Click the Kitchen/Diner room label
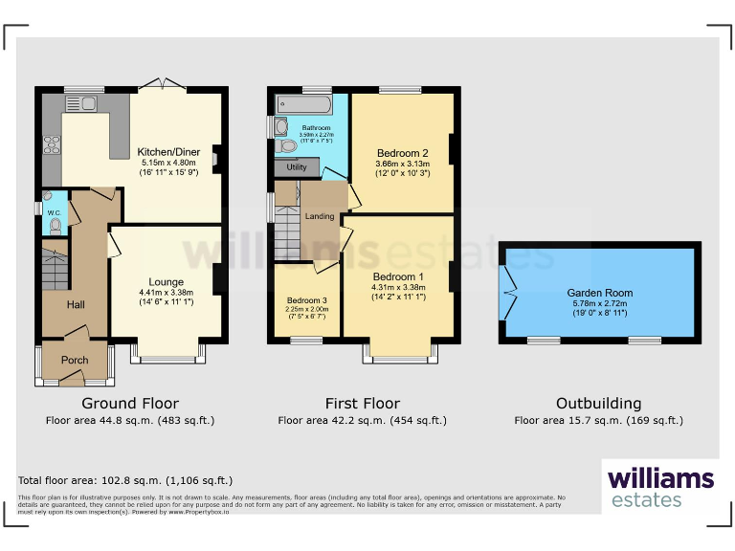pyautogui.click(x=167, y=152)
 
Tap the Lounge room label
pyautogui.click(x=167, y=282)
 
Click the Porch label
pyautogui.click(x=75, y=361)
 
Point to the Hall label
pyautogui.click(x=77, y=304)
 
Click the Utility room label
pyautogui.click(x=297, y=167)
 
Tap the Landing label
pyautogui.click(x=320, y=216)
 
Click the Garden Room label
pyautogui.click(x=598, y=294)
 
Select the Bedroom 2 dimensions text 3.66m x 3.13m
pyautogui.click(x=402, y=164)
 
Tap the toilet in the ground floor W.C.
pyautogui.click(x=56, y=226)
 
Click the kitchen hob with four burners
pyautogui.click(x=50, y=147)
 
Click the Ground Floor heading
pyautogui.click(x=130, y=404)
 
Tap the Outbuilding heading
pyautogui.click(x=598, y=404)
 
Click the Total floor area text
pyautogui.click(x=124, y=480)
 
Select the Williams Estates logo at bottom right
pyautogui.click(x=660, y=487)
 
